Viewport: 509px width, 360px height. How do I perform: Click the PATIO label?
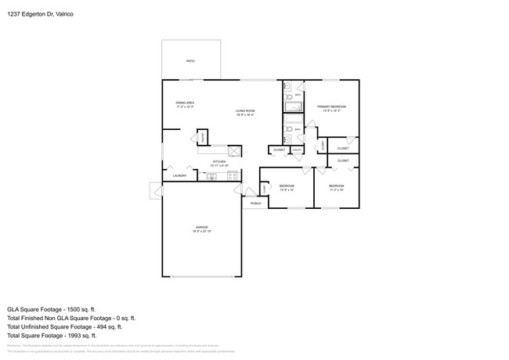[x=190, y=60]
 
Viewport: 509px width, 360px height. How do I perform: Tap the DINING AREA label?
[x=185, y=103]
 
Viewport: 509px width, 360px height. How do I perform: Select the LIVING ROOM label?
[x=245, y=110]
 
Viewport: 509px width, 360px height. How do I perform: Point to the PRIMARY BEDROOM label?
[x=331, y=106]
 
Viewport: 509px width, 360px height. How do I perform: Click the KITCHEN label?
[x=219, y=162]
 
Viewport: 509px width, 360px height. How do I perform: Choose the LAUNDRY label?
[x=179, y=176]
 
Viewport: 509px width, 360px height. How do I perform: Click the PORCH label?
[x=255, y=203]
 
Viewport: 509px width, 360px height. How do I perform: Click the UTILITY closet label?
[x=298, y=149]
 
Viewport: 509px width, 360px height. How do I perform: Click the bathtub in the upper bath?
[x=293, y=107]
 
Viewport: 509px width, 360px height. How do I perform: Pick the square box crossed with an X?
[x=233, y=149]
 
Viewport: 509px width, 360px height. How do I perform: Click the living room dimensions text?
[x=245, y=115]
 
